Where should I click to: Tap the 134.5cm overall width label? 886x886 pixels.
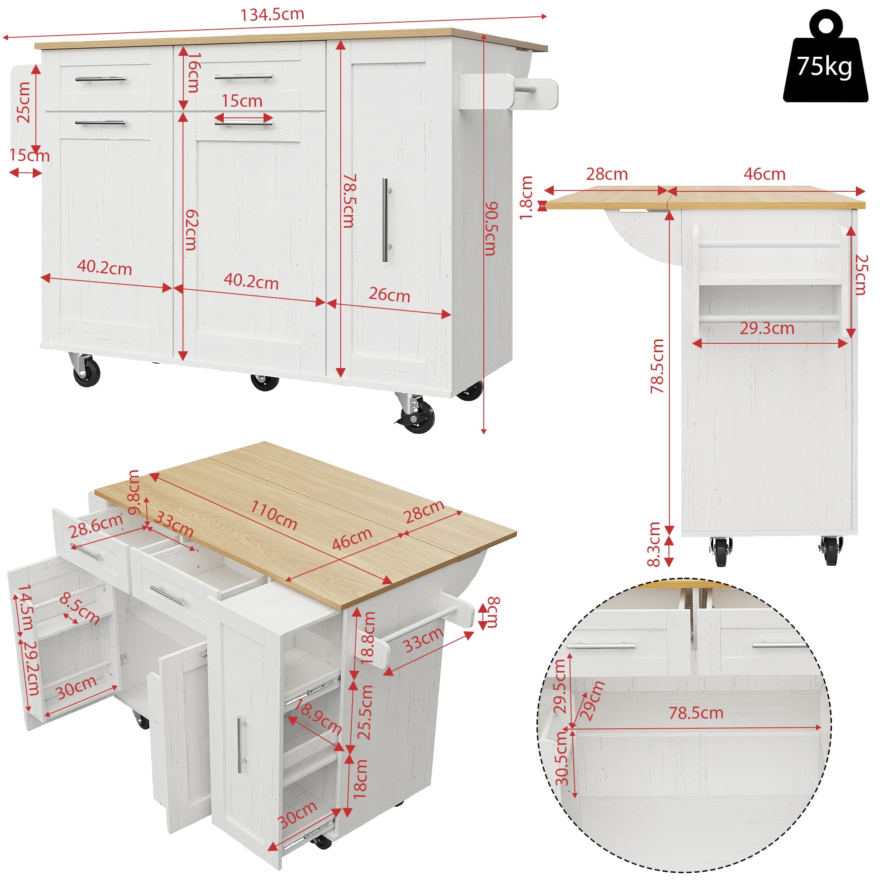click(272, 14)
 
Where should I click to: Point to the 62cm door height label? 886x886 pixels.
click(191, 230)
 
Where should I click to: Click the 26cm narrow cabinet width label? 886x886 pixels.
click(389, 295)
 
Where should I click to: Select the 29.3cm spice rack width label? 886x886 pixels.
click(767, 328)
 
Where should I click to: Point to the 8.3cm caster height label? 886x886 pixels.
click(654, 544)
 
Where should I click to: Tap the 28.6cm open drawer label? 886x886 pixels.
click(96, 525)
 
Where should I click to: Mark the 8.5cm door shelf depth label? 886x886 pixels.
click(79, 608)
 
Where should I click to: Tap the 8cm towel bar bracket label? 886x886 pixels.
click(493, 613)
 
